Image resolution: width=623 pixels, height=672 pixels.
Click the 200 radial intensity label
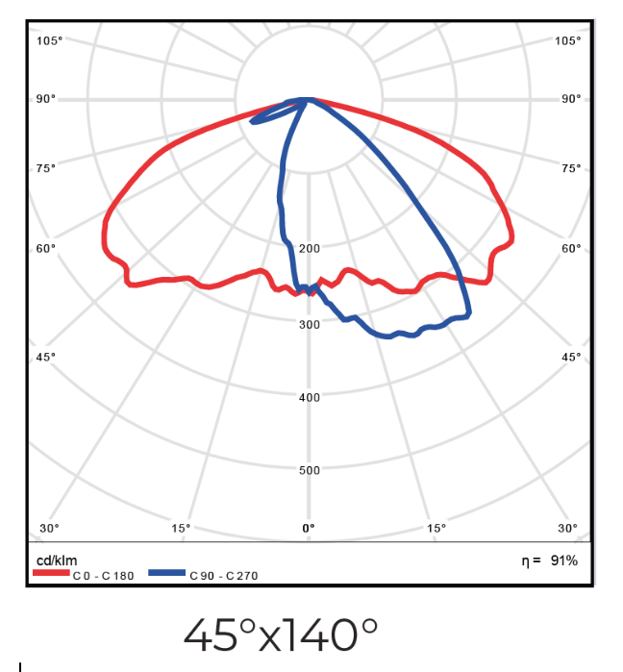pos(309,248)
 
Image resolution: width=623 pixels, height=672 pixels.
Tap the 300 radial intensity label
pos(309,324)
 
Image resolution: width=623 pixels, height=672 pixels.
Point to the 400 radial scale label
pos(309,397)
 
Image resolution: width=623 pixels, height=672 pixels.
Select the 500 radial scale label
pos(309,470)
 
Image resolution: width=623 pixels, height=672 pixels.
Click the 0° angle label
pos(309,528)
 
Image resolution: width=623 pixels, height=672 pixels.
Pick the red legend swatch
pos(51,573)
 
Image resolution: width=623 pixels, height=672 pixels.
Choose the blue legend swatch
pos(166,573)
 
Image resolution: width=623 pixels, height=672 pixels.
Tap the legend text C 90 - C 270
pos(223,576)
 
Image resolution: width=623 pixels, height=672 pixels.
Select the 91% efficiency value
pos(564,560)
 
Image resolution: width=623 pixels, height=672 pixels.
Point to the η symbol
pos(525,560)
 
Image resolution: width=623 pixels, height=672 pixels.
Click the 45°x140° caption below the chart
pos(281,634)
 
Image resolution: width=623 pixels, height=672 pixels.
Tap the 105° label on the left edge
pos(50,40)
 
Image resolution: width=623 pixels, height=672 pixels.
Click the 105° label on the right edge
pos(567,40)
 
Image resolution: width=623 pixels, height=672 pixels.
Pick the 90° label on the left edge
pos(47,99)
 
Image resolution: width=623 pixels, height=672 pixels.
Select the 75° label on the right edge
pos(570,168)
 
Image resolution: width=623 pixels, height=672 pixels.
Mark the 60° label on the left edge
pos(47,248)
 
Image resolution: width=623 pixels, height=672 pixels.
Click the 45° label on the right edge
pos(570,357)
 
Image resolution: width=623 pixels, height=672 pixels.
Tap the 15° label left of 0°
pos(181,528)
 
